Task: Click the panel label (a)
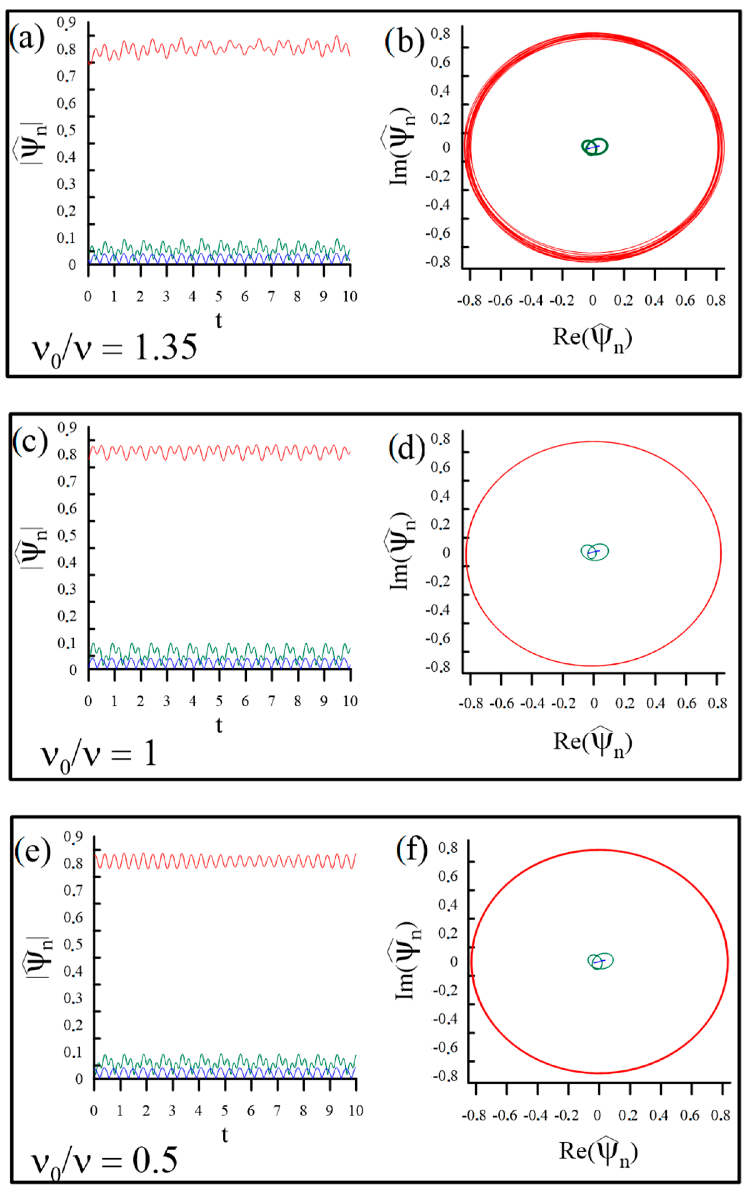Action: [x=27, y=39]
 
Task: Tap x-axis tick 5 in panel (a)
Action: [x=218, y=296]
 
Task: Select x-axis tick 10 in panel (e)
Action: [x=355, y=1111]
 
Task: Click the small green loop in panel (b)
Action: [x=595, y=147]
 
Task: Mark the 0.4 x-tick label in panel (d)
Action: [x=655, y=703]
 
